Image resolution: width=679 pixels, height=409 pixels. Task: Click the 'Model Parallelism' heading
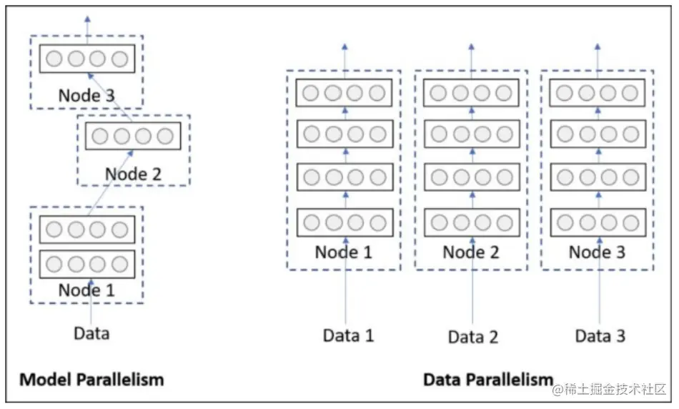click(x=91, y=380)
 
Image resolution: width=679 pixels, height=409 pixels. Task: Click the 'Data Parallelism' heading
click(x=488, y=380)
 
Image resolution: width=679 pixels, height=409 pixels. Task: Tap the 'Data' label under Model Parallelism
click(x=91, y=334)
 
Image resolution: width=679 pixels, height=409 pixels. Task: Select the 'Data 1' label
click(x=348, y=336)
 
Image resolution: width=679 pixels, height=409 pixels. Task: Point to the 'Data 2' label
click(x=473, y=337)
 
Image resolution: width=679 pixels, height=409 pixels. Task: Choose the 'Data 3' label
click(x=600, y=336)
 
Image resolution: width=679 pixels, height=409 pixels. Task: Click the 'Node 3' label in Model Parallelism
click(x=86, y=95)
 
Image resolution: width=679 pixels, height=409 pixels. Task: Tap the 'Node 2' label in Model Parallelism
click(x=134, y=174)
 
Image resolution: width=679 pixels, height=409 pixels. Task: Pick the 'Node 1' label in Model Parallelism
click(x=86, y=290)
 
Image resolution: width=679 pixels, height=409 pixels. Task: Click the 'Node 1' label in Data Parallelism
click(x=343, y=252)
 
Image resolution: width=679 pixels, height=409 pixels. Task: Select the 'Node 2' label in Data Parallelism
click(x=471, y=252)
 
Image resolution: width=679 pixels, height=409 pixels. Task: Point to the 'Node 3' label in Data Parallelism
click(x=597, y=252)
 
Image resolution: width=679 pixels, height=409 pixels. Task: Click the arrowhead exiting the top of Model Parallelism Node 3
click(x=87, y=19)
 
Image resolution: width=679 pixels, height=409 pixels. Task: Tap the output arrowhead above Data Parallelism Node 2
click(x=472, y=46)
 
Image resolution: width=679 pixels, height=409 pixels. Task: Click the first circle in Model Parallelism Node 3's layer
click(x=54, y=59)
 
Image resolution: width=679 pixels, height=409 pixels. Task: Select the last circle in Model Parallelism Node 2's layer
click(x=165, y=137)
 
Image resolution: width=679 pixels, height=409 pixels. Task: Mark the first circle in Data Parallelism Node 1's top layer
click(x=310, y=93)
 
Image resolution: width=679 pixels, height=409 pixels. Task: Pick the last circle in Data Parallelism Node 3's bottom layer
click(x=630, y=223)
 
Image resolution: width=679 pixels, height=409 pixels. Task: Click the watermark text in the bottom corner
click(x=609, y=389)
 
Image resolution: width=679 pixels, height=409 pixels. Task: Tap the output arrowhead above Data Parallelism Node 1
click(x=345, y=46)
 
